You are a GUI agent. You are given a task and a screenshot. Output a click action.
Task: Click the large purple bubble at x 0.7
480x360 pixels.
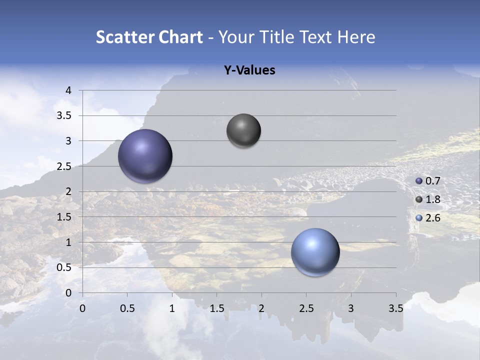[x=145, y=156]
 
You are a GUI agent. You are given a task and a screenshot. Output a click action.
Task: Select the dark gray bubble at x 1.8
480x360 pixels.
[x=243, y=130]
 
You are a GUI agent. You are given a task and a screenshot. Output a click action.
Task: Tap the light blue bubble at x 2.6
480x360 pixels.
[x=315, y=252]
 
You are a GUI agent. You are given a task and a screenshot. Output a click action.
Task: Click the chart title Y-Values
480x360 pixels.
[x=249, y=70]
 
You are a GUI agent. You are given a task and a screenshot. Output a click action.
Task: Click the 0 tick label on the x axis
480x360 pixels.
[x=83, y=308]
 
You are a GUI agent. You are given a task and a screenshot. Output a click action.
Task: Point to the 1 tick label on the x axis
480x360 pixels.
[x=172, y=308]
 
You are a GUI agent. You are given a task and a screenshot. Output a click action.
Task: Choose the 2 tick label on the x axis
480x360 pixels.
[x=261, y=308]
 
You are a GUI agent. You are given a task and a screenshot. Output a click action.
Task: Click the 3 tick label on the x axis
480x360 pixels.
[x=351, y=308]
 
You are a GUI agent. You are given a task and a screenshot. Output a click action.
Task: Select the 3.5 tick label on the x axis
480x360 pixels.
[x=395, y=308]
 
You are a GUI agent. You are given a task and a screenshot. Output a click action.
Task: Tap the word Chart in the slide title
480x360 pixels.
[x=180, y=37]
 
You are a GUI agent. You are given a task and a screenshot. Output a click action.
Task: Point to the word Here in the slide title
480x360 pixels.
[x=356, y=37]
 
